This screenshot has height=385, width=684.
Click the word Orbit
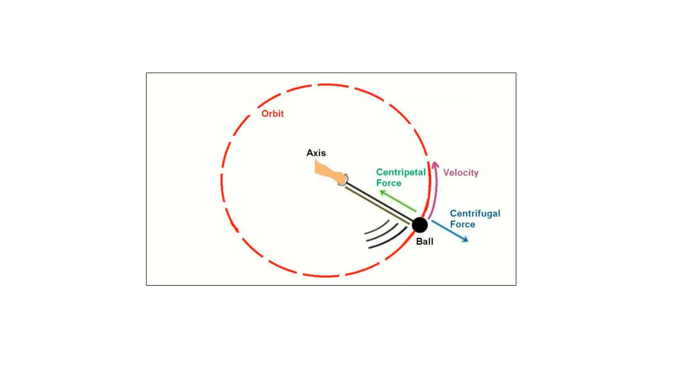(272, 114)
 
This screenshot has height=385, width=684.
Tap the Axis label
(316, 153)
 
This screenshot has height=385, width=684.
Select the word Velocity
(461, 172)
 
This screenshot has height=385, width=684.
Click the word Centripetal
(400, 172)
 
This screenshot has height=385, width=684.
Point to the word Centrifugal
(475, 214)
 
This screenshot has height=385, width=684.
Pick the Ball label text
(424, 241)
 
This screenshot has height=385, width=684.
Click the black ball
(419, 225)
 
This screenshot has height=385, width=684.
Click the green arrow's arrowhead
(383, 192)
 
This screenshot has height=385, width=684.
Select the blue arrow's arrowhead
(465, 239)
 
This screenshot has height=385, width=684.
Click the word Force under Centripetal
(388, 183)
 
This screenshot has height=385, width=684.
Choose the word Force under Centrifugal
(462, 224)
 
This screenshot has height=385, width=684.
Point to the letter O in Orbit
(265, 114)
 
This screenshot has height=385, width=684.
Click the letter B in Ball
(419, 241)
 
